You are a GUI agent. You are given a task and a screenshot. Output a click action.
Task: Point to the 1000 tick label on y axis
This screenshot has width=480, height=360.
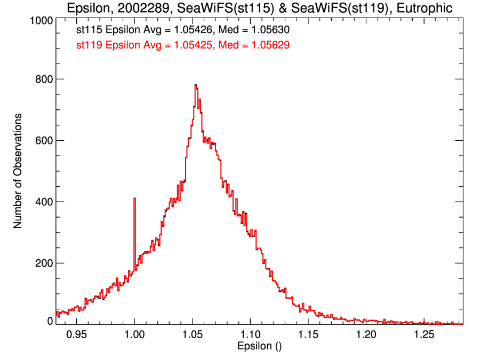pyautogui.click(x=41, y=20)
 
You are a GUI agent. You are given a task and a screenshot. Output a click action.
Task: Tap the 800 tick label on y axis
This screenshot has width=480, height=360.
pyautogui.click(x=43, y=79)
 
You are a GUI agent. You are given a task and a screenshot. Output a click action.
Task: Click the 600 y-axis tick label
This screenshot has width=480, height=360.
pyautogui.click(x=43, y=140)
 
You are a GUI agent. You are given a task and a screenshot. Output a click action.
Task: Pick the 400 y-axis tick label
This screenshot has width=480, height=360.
pyautogui.click(x=43, y=202)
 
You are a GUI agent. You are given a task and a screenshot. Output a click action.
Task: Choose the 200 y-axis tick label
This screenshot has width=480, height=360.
pyautogui.click(x=43, y=263)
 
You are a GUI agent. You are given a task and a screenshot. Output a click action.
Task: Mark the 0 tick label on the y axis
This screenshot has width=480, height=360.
pyautogui.click(x=50, y=321)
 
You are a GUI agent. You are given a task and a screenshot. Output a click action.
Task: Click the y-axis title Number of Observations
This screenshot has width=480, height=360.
pyautogui.click(x=18, y=171)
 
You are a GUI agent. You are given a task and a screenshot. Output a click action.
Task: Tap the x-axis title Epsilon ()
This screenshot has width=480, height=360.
pyautogui.click(x=259, y=347)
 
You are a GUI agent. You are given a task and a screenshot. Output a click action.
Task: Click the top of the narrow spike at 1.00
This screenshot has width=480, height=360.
pyautogui.click(x=134, y=198)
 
